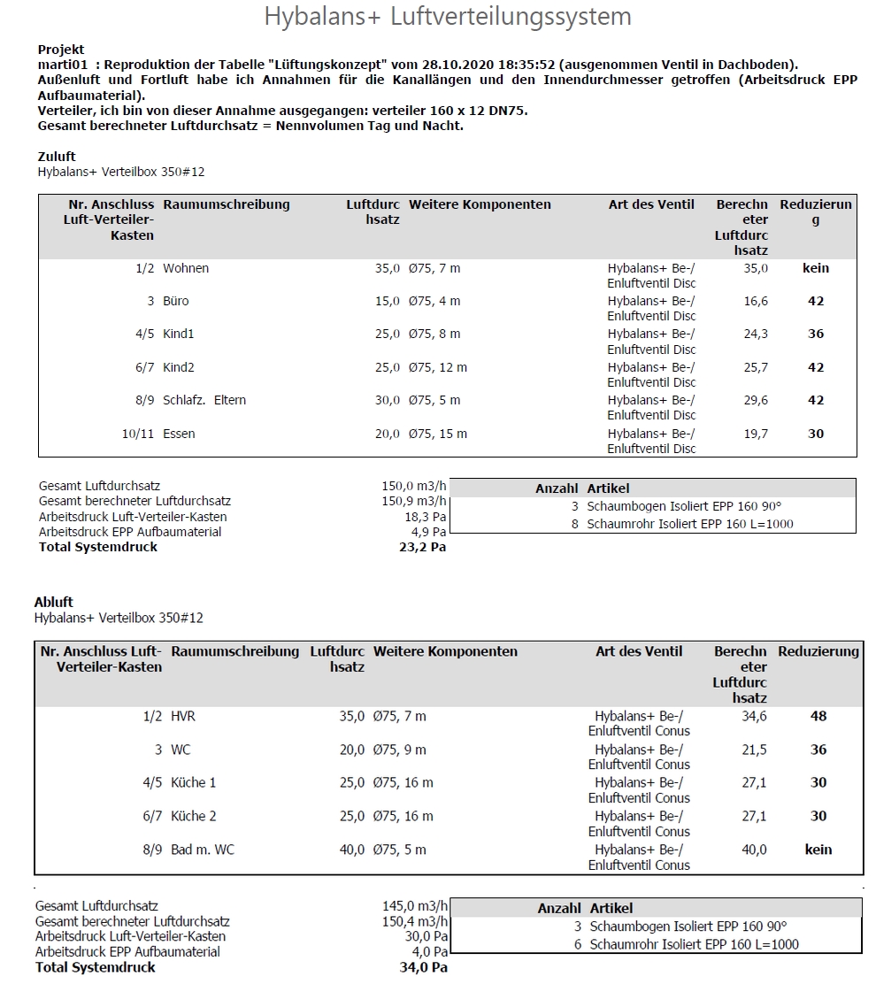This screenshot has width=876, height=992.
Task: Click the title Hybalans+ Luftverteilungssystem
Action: coord(448,17)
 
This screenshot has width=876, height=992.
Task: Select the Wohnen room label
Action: coord(186,268)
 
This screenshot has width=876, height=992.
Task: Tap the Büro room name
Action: coord(176,301)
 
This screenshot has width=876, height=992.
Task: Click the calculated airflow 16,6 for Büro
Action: coord(756,301)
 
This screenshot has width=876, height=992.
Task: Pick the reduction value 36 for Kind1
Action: coord(815,334)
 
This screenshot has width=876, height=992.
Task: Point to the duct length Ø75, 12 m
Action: coord(438,367)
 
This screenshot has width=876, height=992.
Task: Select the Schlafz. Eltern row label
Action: coord(204,400)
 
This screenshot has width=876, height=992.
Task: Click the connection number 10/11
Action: coord(139,434)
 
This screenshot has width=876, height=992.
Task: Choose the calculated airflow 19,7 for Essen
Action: coord(756,434)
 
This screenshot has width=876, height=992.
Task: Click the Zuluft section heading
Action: coord(57,157)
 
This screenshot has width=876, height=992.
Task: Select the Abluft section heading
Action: coord(54,602)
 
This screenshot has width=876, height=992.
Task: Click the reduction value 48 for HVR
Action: coord(818,716)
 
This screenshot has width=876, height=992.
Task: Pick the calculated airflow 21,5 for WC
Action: coord(754,750)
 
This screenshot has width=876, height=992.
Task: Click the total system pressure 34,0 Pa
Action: coord(423,967)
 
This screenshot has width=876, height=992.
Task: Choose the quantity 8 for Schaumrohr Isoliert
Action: coord(574,523)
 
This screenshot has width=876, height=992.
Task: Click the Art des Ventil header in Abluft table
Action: coord(639,651)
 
